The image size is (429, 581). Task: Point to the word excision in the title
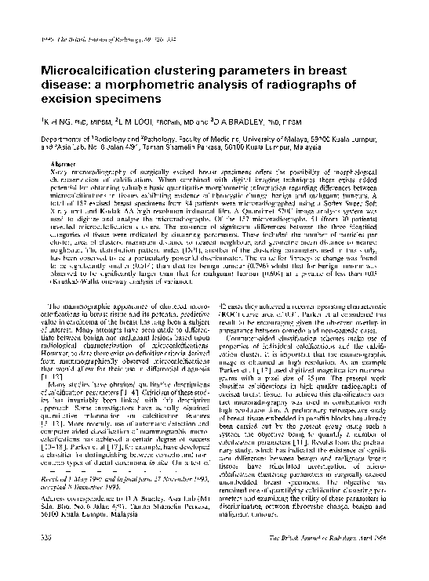pos(58,100)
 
